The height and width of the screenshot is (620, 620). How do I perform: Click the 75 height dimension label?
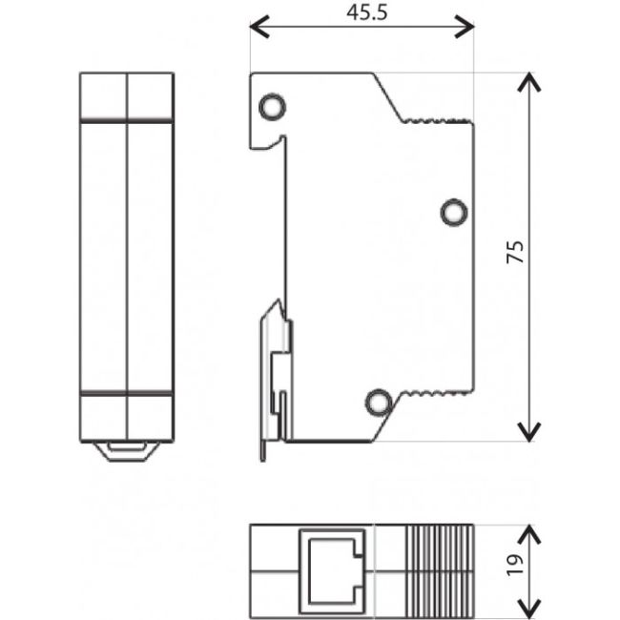point(515,253)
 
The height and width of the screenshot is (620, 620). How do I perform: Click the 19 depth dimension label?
point(515,568)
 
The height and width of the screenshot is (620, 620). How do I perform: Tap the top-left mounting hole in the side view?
point(271,107)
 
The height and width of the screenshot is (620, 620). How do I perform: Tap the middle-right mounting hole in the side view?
point(454,212)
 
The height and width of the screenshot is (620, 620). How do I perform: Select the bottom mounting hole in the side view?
point(379,403)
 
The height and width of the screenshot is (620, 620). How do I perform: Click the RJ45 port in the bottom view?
point(333,569)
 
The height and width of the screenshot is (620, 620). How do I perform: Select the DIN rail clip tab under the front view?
point(126,451)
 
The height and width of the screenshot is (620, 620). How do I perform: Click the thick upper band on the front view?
point(126,120)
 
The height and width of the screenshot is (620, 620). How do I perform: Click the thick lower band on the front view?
point(126,392)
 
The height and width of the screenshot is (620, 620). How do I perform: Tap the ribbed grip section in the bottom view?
point(440,569)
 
